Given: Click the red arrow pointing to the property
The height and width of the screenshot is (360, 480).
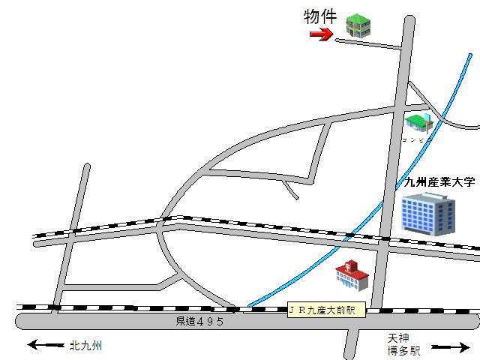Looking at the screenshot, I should coord(321,34).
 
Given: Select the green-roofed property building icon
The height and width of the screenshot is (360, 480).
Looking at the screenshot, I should coord(358,25).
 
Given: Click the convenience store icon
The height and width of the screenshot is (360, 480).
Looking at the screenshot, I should coord(418,121).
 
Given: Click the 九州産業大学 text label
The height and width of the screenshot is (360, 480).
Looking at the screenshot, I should coord(439,181).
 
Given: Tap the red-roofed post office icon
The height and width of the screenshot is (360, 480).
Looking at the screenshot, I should coord(352,275).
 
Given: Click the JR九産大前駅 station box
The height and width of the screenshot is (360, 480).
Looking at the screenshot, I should coord(326,310).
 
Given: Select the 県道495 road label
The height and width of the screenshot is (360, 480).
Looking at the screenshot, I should coord(199,321).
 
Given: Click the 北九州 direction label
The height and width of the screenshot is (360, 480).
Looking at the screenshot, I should coord(85,346).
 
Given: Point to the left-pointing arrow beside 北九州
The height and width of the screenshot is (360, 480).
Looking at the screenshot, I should coord(45,346).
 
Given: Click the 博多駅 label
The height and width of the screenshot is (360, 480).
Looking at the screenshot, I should coord(405,349).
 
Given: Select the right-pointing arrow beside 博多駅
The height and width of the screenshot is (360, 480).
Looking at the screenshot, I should coord(450,347).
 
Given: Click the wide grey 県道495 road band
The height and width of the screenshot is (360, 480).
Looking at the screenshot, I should coord(112,322).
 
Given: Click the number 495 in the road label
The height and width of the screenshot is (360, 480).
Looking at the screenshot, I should coord(211,321).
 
